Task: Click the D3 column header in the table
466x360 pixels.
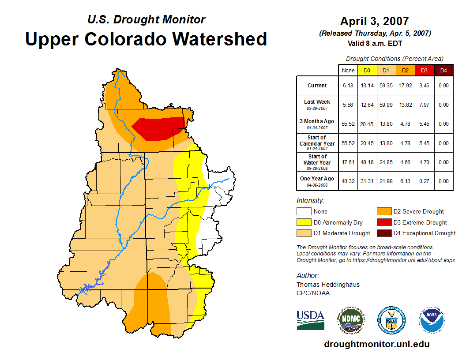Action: tap(424, 70)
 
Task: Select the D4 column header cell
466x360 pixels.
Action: tap(443, 70)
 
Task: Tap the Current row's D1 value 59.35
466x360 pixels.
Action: tap(386, 86)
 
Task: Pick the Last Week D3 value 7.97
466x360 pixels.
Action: tap(424, 105)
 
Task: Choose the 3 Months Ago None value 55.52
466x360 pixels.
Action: tap(348, 124)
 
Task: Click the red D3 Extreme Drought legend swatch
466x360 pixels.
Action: tap(383, 222)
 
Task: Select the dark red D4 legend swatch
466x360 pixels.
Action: tap(383, 233)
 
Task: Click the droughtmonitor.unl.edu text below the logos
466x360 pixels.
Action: tap(376, 344)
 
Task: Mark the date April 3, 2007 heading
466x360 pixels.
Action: tap(374, 21)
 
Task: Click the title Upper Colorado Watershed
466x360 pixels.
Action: tap(146, 39)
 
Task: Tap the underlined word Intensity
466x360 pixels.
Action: tap(310, 201)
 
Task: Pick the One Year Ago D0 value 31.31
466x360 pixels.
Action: tap(367, 181)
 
